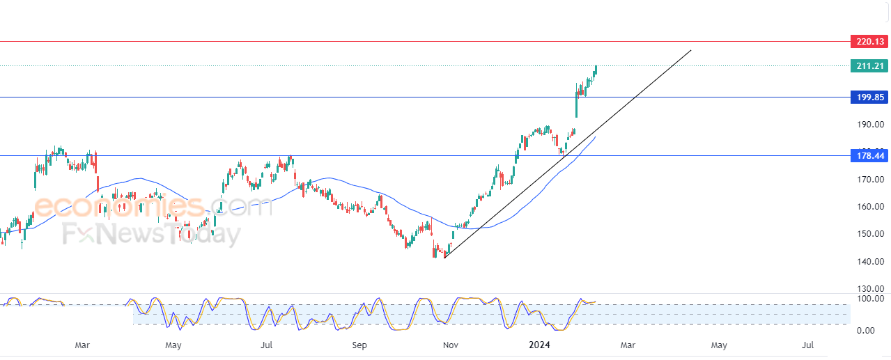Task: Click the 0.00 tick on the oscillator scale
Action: coord(870,330)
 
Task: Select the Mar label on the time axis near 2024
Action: coord(628,345)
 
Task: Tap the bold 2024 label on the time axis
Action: coord(540,345)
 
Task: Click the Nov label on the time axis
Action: coord(451,345)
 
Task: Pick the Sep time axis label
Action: coord(359,345)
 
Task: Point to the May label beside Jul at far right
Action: coord(719,345)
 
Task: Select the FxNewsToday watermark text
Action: coord(151,235)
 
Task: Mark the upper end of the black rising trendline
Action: coord(690,50)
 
